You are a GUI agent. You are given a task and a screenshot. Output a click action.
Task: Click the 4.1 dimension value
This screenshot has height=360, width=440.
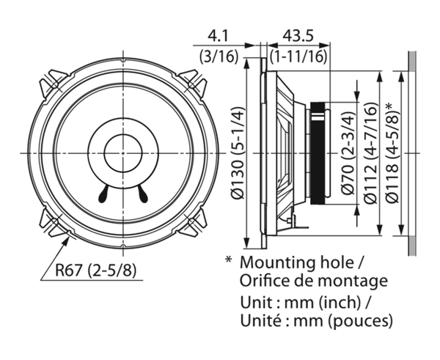click(x=218, y=36)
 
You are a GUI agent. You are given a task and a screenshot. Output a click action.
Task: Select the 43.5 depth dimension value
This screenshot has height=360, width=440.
click(x=298, y=36)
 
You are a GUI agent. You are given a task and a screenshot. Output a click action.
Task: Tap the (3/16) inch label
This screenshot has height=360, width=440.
click(x=219, y=56)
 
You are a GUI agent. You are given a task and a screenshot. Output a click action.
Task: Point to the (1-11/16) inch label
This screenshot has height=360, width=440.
click(x=298, y=56)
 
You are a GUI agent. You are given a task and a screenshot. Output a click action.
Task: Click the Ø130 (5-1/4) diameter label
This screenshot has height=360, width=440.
click(x=238, y=153)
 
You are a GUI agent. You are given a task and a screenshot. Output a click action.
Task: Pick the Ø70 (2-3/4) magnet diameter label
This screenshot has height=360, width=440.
click(x=348, y=153)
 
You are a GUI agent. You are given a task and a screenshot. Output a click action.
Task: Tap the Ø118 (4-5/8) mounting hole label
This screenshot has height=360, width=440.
click(x=392, y=153)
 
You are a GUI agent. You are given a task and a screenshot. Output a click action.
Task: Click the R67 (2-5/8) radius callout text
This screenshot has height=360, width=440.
click(x=95, y=271)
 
